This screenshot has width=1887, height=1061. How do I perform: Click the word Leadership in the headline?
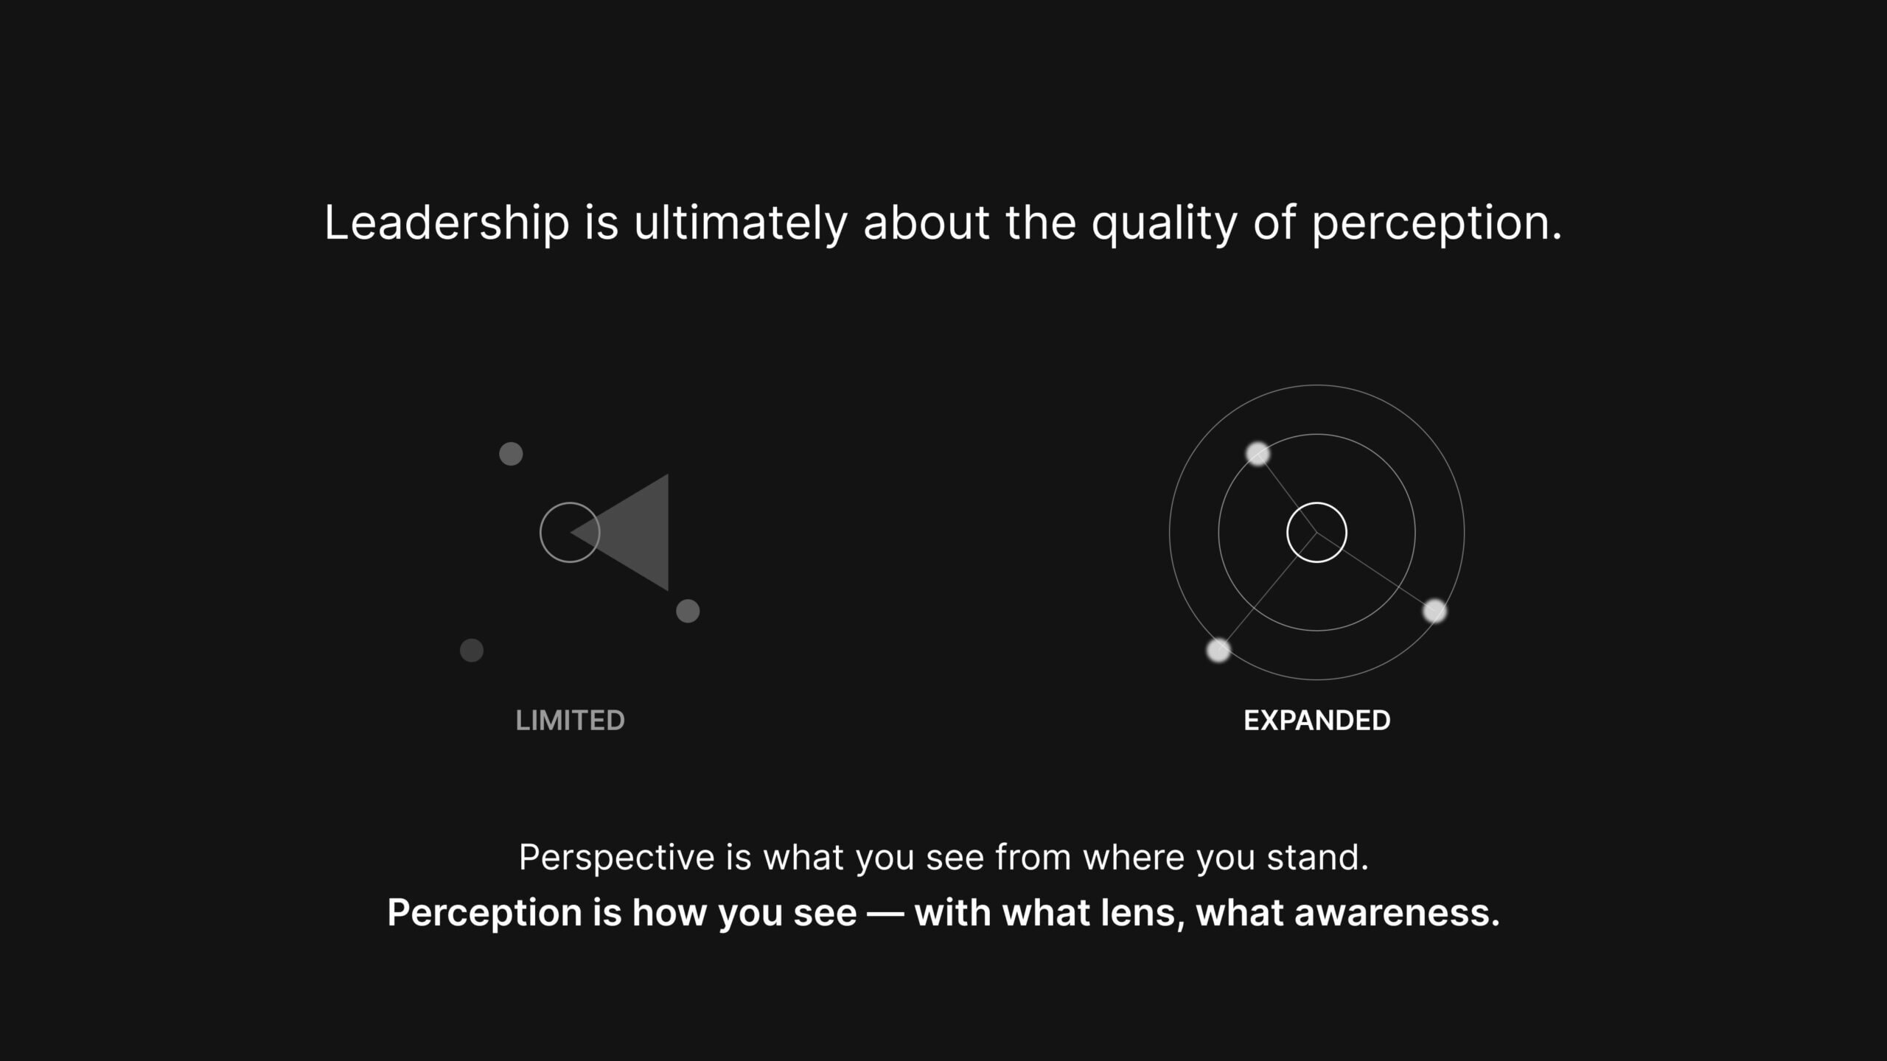click(x=447, y=223)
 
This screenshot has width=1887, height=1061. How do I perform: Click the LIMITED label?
click(x=570, y=721)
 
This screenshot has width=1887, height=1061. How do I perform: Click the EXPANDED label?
click(x=1316, y=721)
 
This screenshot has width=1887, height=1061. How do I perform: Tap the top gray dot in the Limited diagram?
click(x=511, y=454)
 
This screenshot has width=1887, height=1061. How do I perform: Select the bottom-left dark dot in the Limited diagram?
click(x=472, y=651)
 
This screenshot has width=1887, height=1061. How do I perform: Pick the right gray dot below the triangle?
click(x=688, y=611)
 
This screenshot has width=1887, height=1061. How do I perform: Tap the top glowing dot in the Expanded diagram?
click(x=1258, y=454)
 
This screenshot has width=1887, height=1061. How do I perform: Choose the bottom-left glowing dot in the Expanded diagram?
click(x=1218, y=651)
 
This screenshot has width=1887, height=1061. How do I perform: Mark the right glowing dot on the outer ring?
click(x=1434, y=611)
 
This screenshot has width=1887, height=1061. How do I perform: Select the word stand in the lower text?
click(x=1317, y=858)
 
